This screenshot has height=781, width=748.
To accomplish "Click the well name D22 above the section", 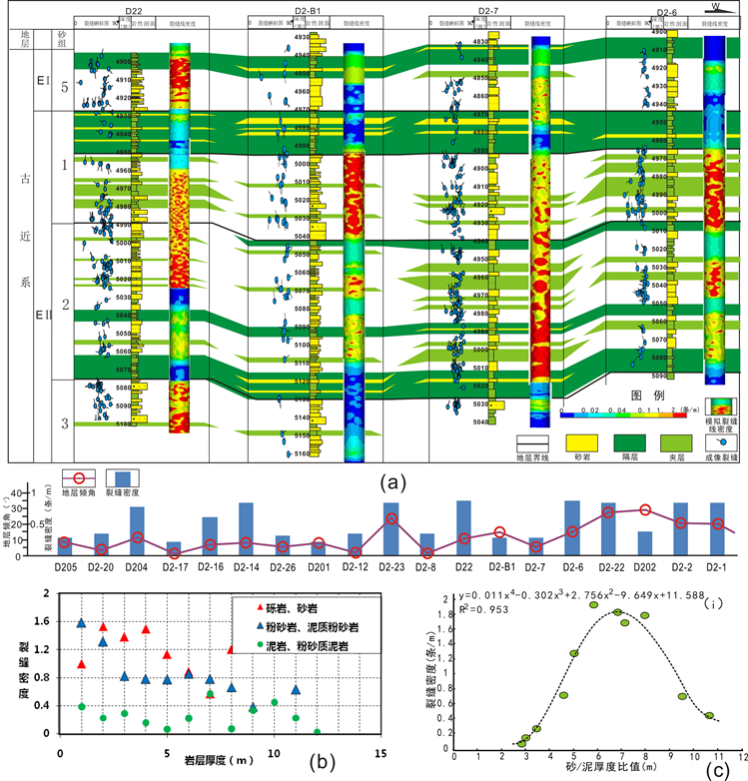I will [133, 9].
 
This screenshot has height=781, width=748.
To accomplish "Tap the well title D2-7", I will [486, 10].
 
